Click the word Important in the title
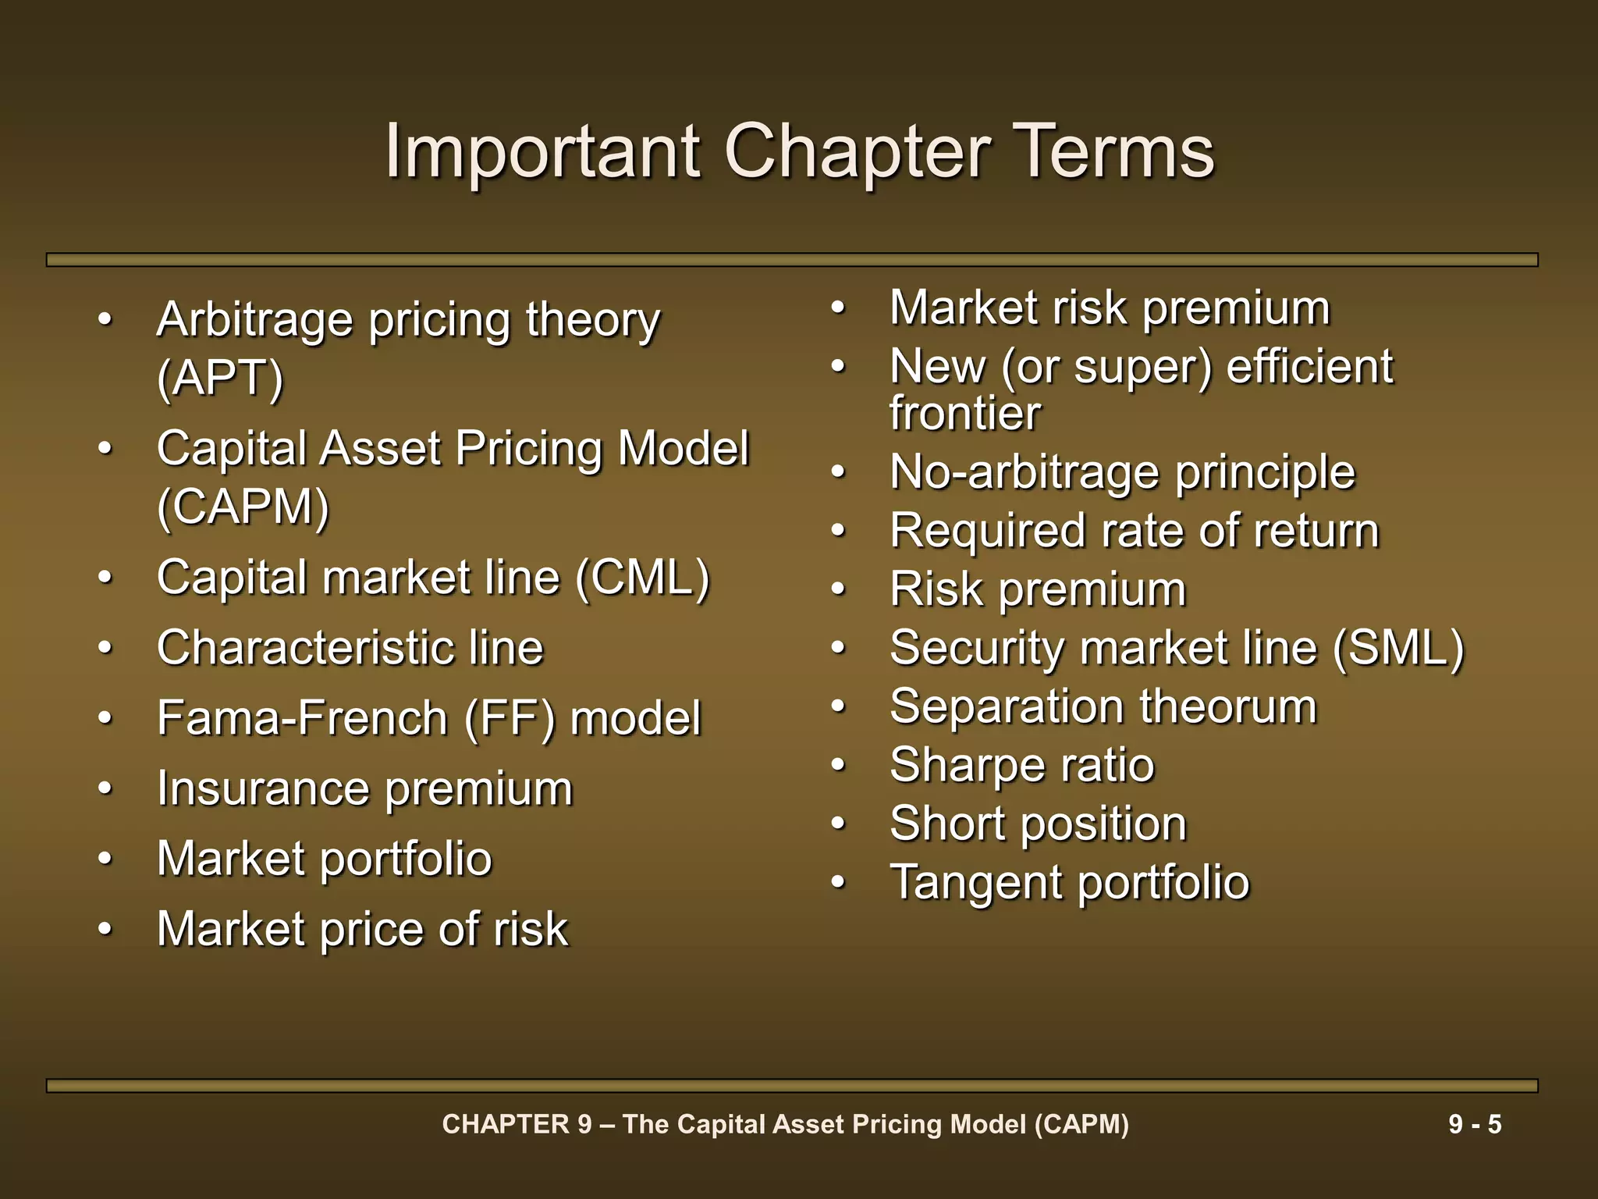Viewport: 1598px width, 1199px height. (x=542, y=151)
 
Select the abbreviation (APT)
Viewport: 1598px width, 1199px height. (x=220, y=379)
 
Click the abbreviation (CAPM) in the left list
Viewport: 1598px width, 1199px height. (x=243, y=507)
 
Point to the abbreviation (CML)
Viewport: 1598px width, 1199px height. (x=642, y=578)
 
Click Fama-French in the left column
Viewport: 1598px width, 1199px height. (x=301, y=718)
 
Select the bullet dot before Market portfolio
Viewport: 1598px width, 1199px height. (x=106, y=859)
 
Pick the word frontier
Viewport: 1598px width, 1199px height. (x=964, y=413)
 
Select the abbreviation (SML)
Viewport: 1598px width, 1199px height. (x=1398, y=648)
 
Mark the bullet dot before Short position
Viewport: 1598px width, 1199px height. (x=839, y=824)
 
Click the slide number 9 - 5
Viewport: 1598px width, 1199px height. (x=1475, y=1124)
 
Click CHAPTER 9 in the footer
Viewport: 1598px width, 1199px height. (x=517, y=1124)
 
